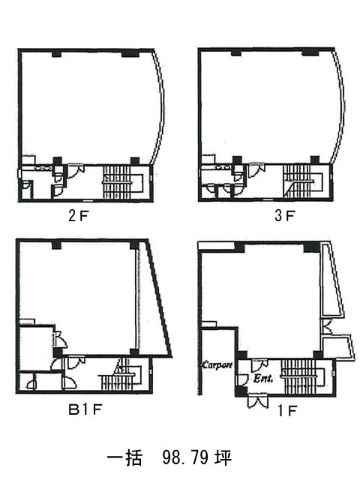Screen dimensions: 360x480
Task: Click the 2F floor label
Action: tap(79, 216)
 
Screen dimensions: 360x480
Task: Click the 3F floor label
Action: tap(285, 215)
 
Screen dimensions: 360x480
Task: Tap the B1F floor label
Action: tap(85, 409)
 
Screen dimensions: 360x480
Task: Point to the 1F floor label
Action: tap(286, 411)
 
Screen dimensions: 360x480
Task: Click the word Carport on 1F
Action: tap(217, 365)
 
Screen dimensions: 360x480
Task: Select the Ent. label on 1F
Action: tap(263, 379)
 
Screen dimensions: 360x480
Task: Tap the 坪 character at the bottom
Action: tap(223, 457)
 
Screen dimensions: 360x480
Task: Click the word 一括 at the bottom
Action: tap(124, 458)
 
